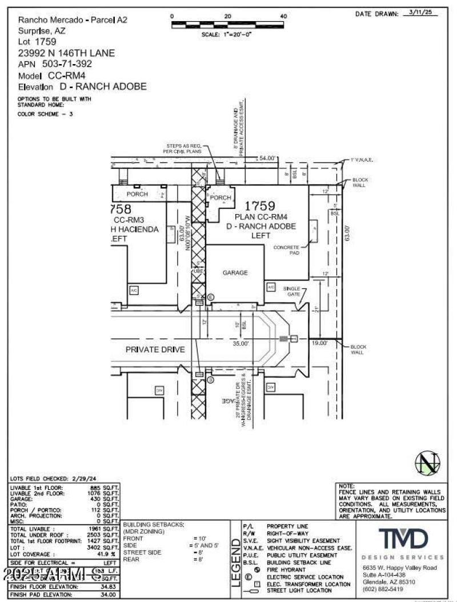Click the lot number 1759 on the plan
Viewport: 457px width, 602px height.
260,206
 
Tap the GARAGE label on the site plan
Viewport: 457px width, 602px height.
235,273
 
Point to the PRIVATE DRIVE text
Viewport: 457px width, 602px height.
155,349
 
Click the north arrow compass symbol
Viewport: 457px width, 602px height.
428,464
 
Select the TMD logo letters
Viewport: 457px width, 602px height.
403,538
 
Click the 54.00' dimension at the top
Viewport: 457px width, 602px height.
267,158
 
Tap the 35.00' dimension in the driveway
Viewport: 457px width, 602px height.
240,344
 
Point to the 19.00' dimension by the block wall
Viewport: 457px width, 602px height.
319,343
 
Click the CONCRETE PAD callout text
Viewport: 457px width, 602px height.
287,250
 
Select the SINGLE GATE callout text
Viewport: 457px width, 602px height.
292,291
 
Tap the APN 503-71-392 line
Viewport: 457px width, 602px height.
55,64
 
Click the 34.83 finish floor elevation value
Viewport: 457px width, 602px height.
107,587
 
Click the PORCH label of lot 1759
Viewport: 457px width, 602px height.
221,198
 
